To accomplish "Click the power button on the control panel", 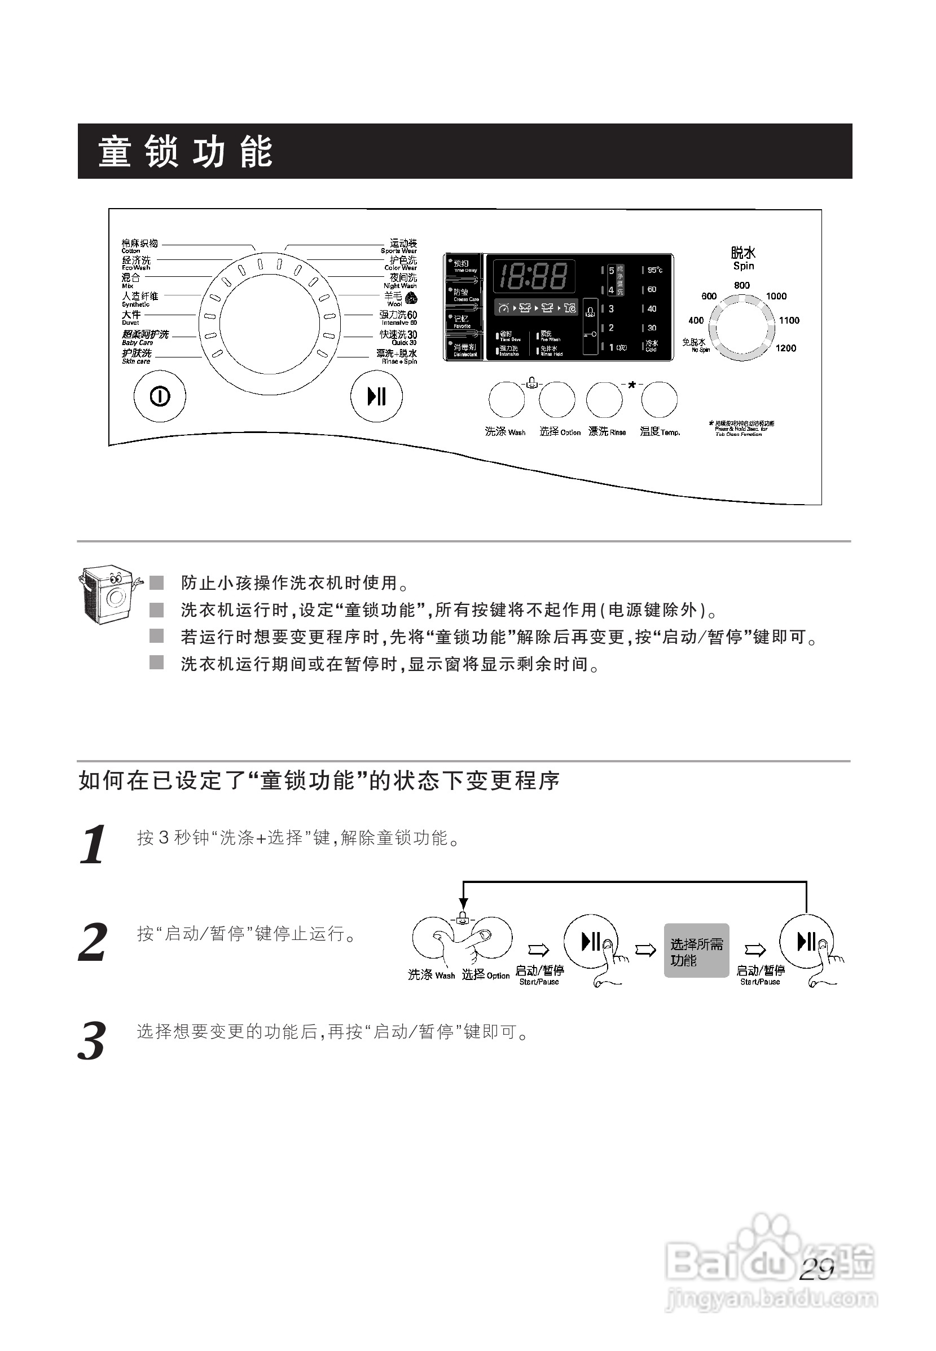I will (160, 397).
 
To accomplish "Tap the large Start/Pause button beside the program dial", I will (376, 397).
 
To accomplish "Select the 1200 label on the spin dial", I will (785, 348).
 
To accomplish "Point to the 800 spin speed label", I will (741, 285).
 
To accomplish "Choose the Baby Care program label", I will (144, 337).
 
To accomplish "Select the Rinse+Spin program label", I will (397, 356).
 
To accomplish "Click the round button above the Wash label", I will (507, 400).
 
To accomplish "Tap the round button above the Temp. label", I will (659, 400).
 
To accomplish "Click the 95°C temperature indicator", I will (653, 270).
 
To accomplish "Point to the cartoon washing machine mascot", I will (109, 593).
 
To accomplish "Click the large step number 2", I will (93, 942).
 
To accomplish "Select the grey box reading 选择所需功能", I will (696, 951).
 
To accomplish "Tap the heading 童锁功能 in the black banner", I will (185, 151).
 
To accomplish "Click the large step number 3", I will (92, 1041).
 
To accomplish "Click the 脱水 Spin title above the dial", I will (743, 258).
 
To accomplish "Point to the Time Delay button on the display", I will (463, 266).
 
